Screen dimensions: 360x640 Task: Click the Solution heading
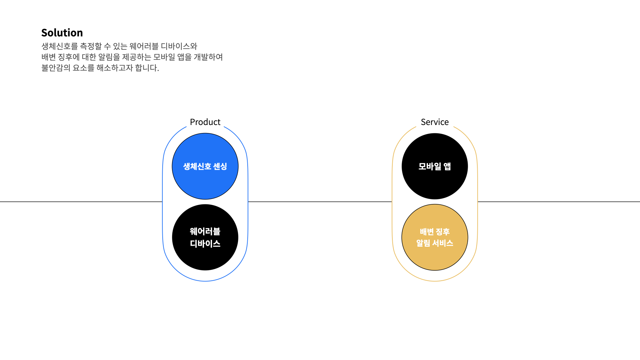[x=62, y=33]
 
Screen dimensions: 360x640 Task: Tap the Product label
[x=205, y=122]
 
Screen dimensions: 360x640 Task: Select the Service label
[x=435, y=122]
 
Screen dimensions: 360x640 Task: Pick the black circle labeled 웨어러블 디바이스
[x=205, y=257]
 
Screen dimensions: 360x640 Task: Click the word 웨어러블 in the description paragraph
[x=144, y=46]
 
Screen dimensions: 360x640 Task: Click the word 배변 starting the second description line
[x=49, y=57]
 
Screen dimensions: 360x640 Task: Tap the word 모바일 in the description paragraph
[x=164, y=57]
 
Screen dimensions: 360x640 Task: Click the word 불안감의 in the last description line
[x=56, y=68]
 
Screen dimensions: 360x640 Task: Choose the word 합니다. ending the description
[x=147, y=68]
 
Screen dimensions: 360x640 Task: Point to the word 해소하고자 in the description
[x=114, y=68]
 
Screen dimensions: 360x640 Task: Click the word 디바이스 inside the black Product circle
[x=205, y=244]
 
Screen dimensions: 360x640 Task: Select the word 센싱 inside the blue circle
[x=220, y=166]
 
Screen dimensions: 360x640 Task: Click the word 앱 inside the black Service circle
[x=447, y=166]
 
